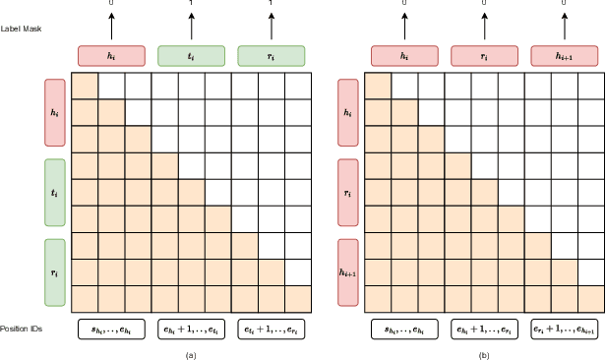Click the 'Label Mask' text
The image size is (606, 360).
[21, 28]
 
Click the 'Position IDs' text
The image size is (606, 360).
[23, 328]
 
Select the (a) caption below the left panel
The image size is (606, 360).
[191, 351]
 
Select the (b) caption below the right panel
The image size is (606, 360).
[484, 351]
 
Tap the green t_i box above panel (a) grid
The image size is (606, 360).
[191, 56]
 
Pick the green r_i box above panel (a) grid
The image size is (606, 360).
[272, 56]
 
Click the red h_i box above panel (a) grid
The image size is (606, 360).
[111, 56]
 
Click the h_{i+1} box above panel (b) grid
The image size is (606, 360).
[564, 56]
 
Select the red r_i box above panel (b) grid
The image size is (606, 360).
[484, 56]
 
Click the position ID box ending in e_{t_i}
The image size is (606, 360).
[191, 328]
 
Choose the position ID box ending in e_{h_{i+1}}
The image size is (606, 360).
[564, 328]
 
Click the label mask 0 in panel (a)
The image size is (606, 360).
[111, 4]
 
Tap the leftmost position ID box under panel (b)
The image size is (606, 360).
[404, 328]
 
